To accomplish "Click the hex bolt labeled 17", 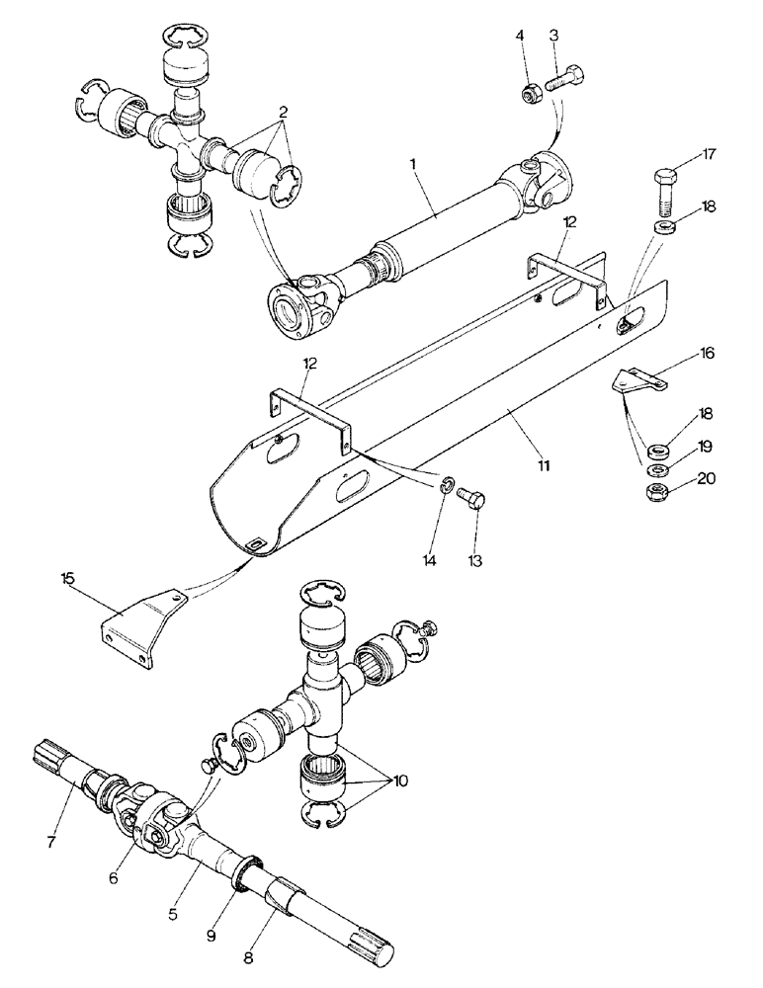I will coord(664,194).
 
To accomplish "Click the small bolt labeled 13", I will coord(473,499).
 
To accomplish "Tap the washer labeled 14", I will coord(448,486).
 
